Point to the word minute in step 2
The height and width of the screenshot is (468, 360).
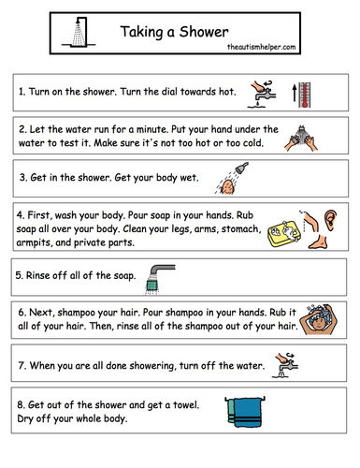[x=156, y=127]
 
